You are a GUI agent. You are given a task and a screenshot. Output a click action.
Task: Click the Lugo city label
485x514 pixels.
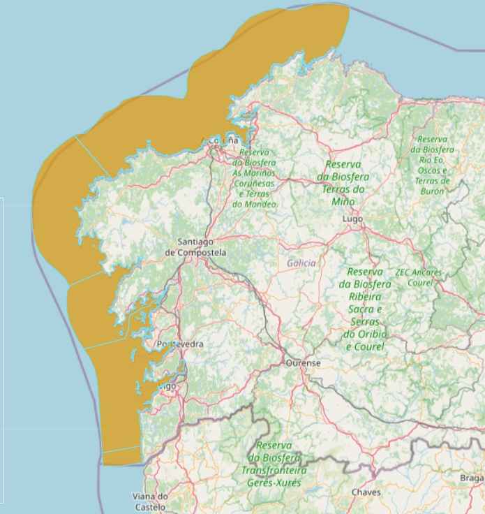pyautogui.click(x=353, y=219)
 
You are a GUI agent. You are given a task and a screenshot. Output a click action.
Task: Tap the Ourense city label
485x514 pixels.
pyautogui.click(x=303, y=363)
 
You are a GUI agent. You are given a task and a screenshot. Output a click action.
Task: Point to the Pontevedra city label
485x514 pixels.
pyautogui.click(x=180, y=344)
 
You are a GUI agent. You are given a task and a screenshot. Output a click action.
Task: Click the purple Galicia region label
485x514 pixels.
pyautogui.click(x=301, y=263)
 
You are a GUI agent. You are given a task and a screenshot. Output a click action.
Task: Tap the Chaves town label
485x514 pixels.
pyautogui.click(x=366, y=492)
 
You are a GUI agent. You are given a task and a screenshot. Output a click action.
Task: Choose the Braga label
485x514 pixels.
pyautogui.click(x=472, y=478)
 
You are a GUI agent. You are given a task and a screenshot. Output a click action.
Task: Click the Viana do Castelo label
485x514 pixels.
pyautogui.click(x=151, y=501)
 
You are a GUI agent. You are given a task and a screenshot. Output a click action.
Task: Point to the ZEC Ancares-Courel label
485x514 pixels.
pyautogui.click(x=419, y=277)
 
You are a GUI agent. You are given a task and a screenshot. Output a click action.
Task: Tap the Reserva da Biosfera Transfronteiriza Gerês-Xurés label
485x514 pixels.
pyautogui.click(x=272, y=464)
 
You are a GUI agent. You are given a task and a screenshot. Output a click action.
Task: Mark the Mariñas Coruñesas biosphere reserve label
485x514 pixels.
pyautogui.click(x=255, y=178)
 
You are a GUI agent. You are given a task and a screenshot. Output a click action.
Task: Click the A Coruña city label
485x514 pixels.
pyautogui.click(x=223, y=141)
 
